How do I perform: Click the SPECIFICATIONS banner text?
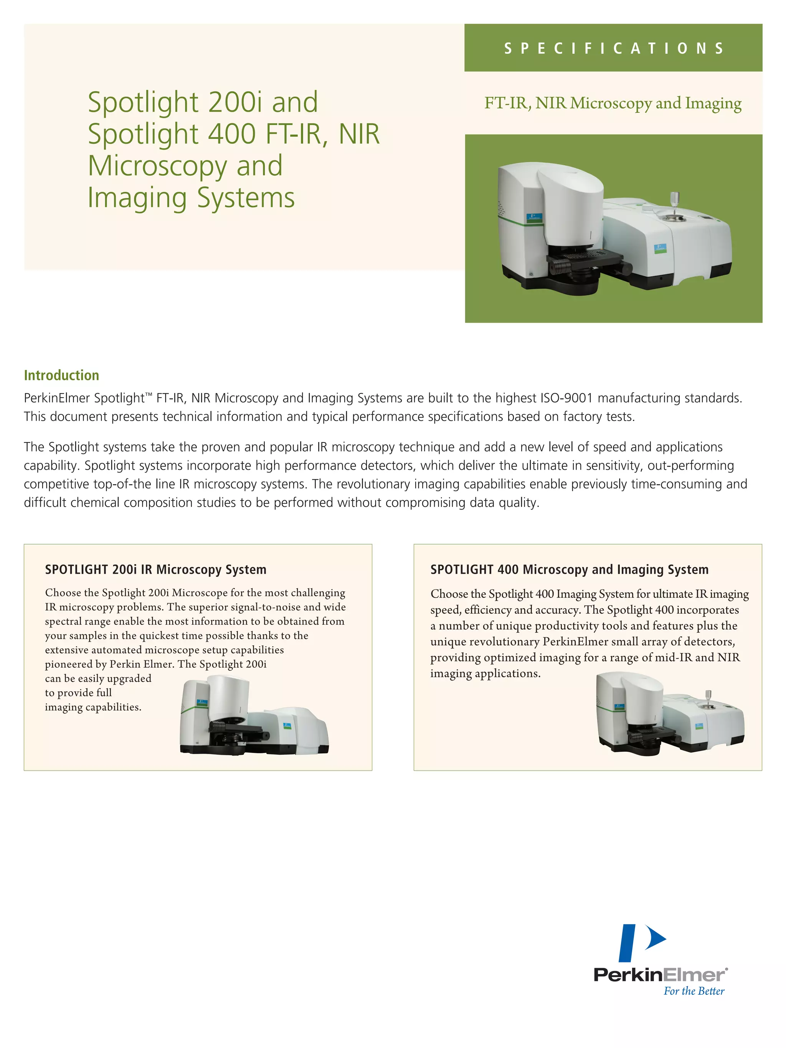point(614,48)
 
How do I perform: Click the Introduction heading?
point(61,375)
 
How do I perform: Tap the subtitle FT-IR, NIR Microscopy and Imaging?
point(613,103)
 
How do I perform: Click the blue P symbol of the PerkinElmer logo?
point(641,943)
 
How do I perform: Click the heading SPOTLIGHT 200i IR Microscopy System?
point(155,569)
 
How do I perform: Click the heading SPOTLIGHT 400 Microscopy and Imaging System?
point(569,569)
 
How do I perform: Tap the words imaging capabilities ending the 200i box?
point(93,707)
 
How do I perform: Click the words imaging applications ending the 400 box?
point(485,674)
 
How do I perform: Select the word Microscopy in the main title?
point(157,166)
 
